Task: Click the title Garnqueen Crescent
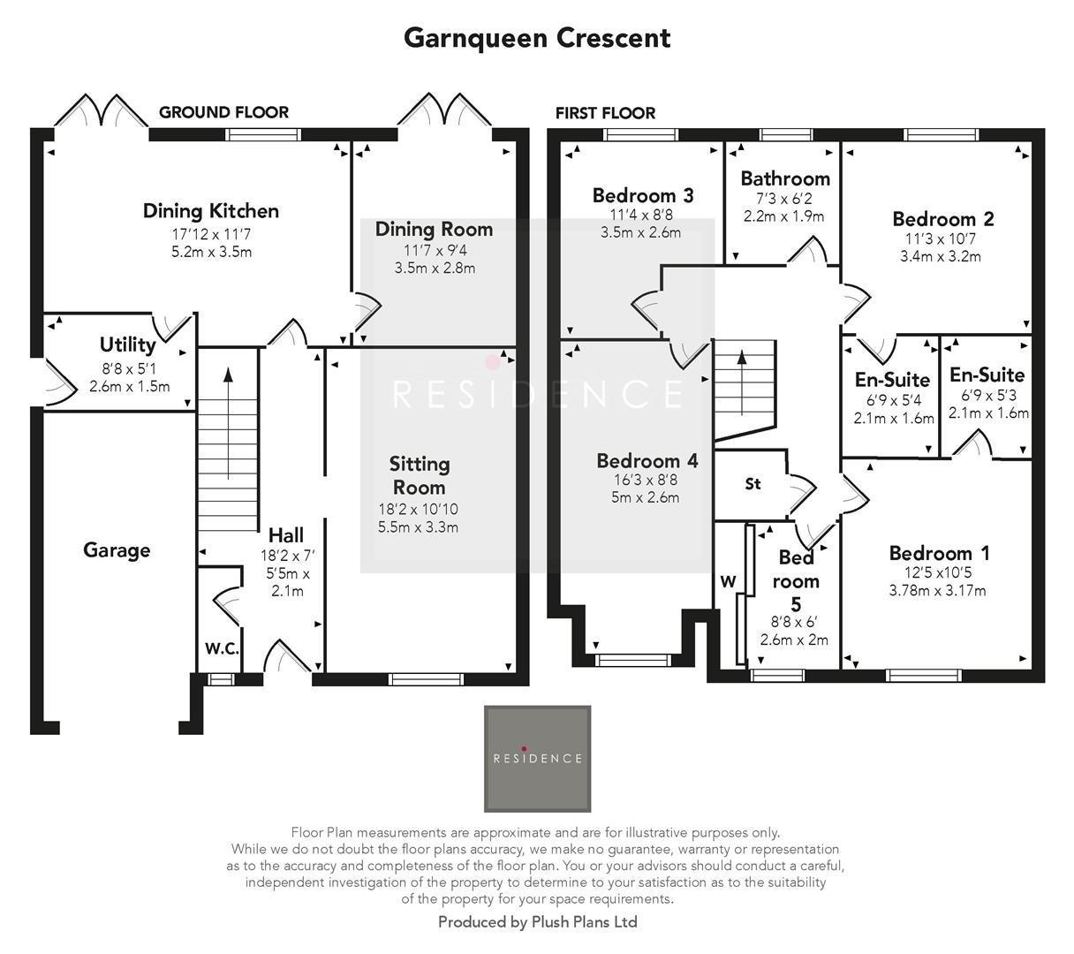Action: [x=537, y=38]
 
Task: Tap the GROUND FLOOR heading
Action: [x=223, y=112]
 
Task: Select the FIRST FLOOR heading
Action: [x=605, y=113]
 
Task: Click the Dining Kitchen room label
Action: [x=211, y=211]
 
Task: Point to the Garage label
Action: [x=117, y=550]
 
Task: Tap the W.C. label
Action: [x=222, y=648]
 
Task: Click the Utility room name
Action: [x=127, y=344]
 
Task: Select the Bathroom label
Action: [x=785, y=178]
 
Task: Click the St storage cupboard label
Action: [x=753, y=484]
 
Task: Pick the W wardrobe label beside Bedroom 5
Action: [x=729, y=581]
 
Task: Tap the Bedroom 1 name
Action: [x=939, y=554]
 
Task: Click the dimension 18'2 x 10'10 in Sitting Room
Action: [x=418, y=510]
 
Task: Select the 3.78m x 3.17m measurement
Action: [x=937, y=591]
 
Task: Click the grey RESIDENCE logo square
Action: [x=537, y=758]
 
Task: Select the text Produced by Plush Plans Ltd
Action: [x=537, y=922]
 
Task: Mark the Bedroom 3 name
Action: [x=643, y=195]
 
